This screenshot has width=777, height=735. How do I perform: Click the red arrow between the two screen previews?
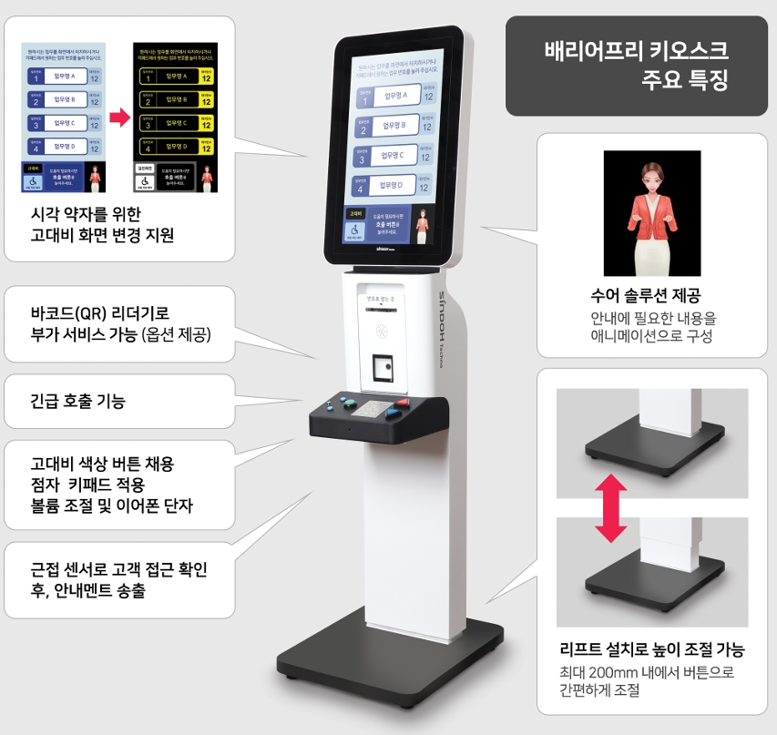tap(120, 117)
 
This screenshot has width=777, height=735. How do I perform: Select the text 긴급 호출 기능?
tap(78, 401)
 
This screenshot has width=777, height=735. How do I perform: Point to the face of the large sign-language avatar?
tap(651, 174)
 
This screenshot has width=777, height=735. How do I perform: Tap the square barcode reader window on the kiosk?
tap(383, 368)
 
